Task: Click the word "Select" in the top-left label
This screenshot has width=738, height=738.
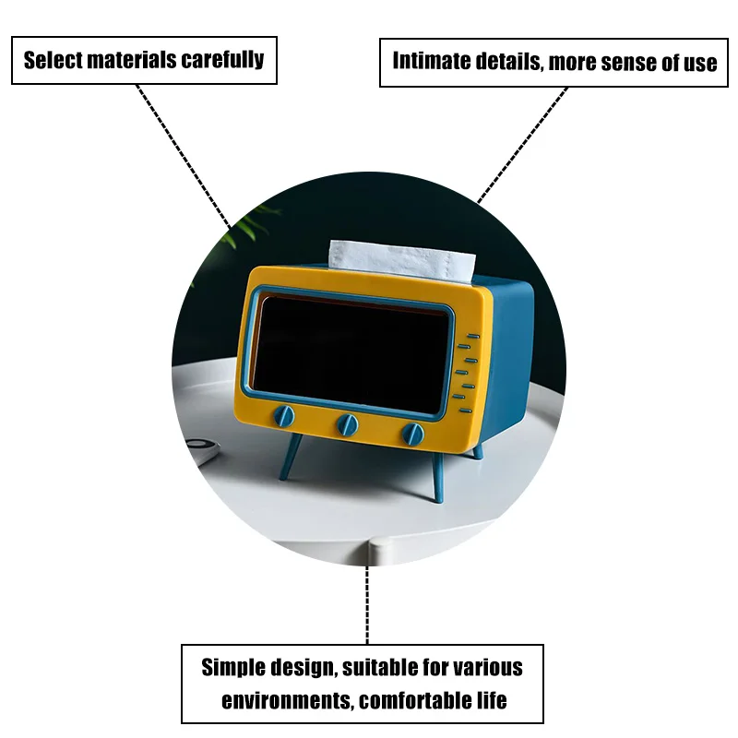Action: coord(53,61)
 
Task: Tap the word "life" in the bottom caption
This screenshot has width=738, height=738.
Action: coord(488,700)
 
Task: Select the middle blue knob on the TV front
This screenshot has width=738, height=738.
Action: coord(348,424)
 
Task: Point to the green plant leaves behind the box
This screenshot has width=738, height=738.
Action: coord(250,221)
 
